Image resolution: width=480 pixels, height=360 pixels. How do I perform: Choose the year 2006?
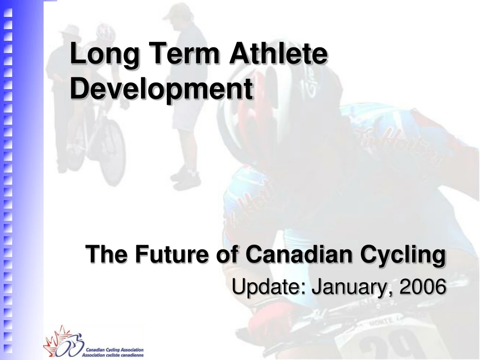(x=422, y=286)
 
